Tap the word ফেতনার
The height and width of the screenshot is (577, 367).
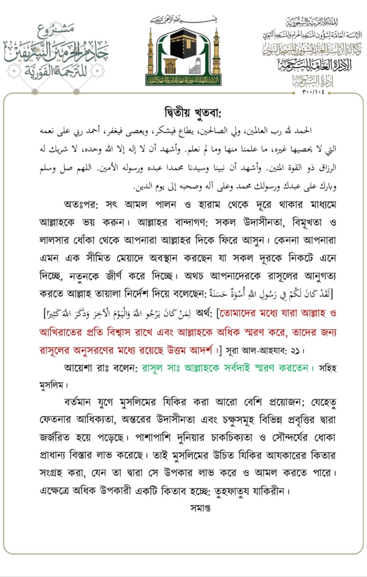coord(50,420)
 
